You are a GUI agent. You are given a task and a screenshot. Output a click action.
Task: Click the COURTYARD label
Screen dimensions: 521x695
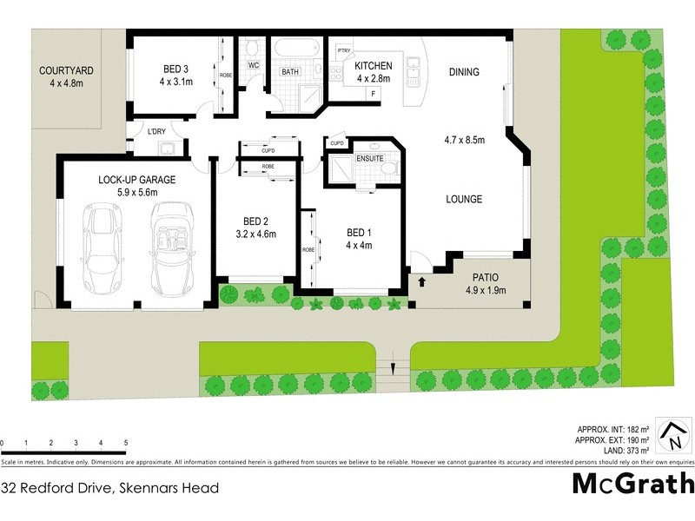(x=66, y=71)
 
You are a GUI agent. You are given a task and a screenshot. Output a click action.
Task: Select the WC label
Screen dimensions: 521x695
(x=254, y=65)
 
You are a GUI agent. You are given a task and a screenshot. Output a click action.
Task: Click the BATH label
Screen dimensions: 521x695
(x=290, y=71)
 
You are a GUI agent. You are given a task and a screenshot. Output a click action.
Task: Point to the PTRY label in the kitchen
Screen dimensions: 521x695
(x=343, y=50)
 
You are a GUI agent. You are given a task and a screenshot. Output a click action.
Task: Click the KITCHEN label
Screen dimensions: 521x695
(x=374, y=66)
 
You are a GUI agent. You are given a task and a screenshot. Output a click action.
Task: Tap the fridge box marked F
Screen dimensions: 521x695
(x=373, y=92)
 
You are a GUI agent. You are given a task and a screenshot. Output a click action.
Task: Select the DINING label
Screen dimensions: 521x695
(x=463, y=72)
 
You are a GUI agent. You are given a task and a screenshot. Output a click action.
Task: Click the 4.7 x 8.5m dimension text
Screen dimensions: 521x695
(x=464, y=140)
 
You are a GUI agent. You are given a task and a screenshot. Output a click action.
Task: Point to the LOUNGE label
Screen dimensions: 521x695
(x=464, y=199)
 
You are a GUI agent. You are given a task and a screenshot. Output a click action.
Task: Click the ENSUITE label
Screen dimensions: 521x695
(x=370, y=159)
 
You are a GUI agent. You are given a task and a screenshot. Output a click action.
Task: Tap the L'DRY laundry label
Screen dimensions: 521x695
(x=156, y=130)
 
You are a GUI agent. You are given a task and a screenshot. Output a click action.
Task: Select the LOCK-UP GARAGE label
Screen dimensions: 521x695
(x=136, y=180)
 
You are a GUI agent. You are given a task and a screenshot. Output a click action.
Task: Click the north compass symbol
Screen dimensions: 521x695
(x=670, y=436)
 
